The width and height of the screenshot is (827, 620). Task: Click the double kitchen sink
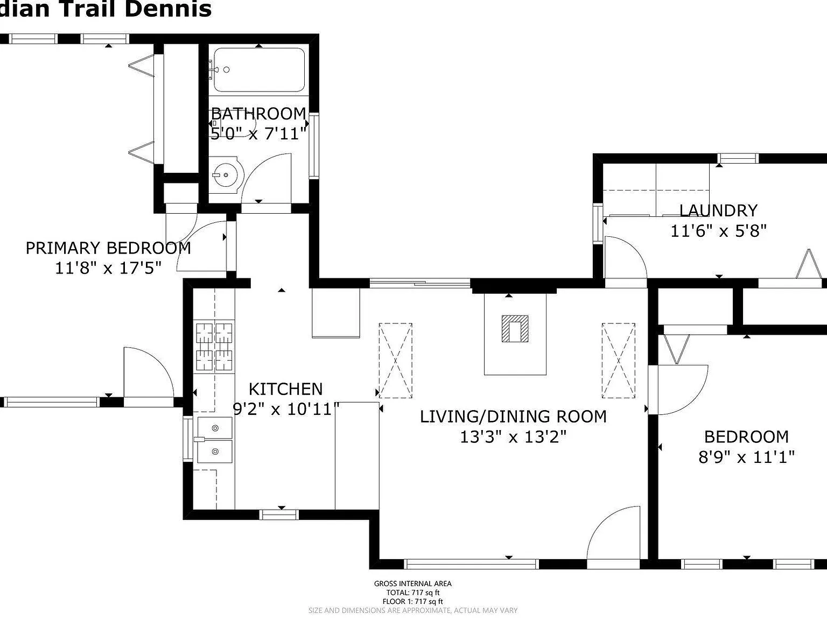coord(214,440)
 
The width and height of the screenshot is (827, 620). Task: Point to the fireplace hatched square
coord(515,329)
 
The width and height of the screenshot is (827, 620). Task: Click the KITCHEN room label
coord(285,389)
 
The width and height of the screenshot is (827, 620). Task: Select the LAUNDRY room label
coord(718,210)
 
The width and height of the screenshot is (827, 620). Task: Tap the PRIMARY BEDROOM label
coord(108,248)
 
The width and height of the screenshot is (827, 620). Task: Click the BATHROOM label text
coord(258,114)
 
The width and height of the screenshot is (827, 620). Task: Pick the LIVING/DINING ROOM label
coord(513,416)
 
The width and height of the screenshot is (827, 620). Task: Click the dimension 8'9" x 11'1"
coord(746,457)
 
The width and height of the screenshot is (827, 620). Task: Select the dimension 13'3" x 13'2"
coord(513,436)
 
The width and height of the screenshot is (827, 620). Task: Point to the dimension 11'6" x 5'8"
coord(718,231)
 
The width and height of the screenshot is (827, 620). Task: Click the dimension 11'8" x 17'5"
coord(108,268)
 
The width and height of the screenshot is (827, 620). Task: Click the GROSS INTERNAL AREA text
coord(412,583)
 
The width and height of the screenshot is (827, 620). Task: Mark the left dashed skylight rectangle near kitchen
coord(396,360)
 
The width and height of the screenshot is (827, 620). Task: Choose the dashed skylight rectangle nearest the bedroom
coord(618,360)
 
